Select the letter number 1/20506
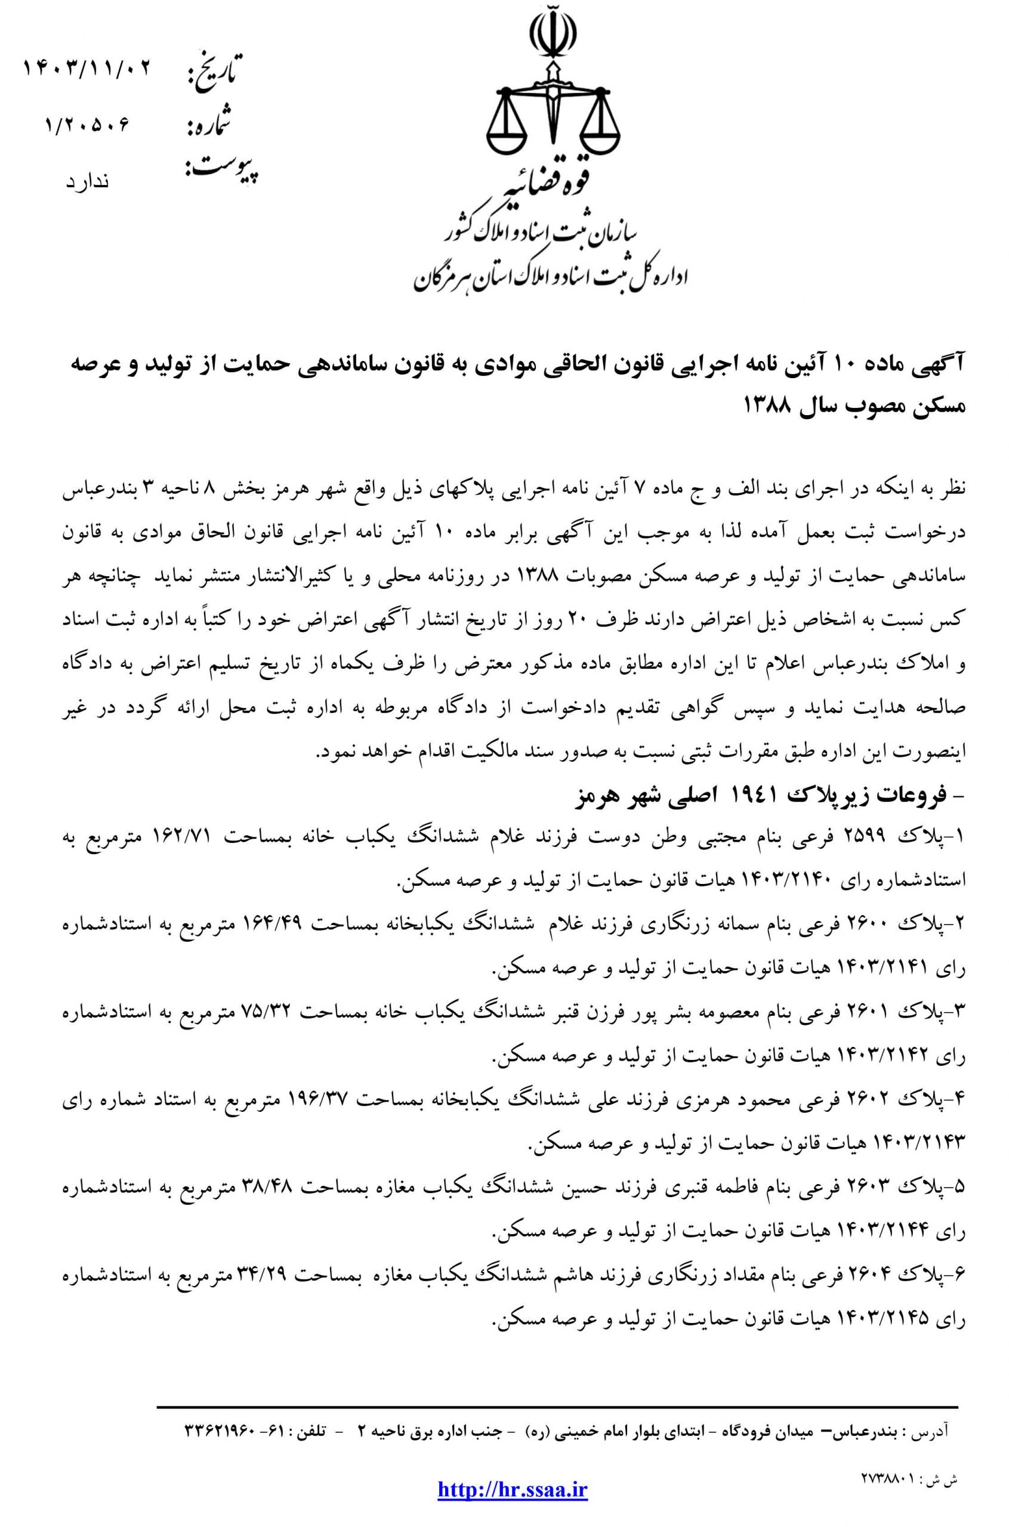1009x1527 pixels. [x=88, y=123]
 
